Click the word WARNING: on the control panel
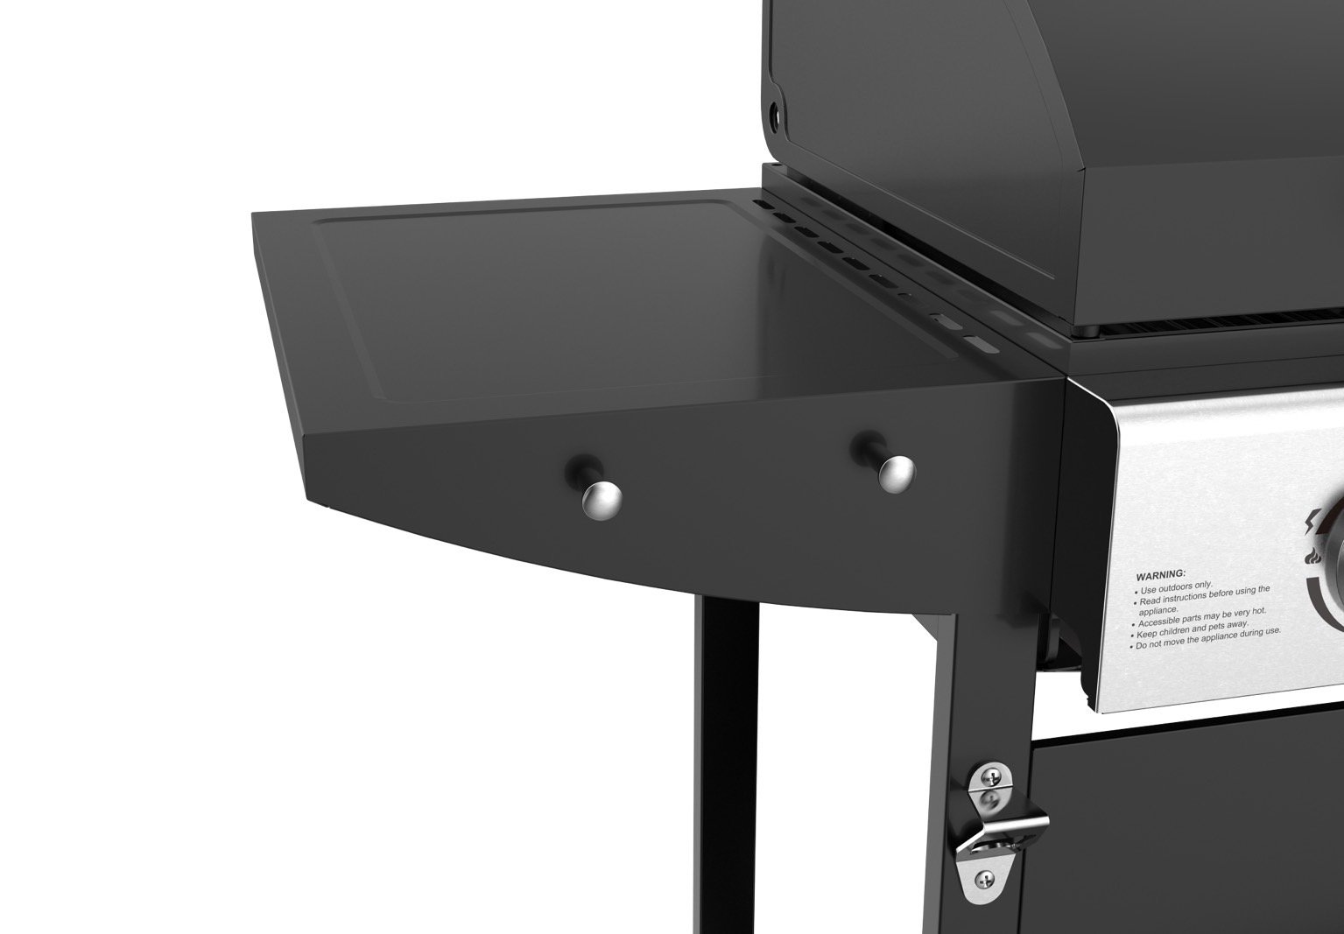point(1160,575)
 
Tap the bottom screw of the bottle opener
point(985,880)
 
